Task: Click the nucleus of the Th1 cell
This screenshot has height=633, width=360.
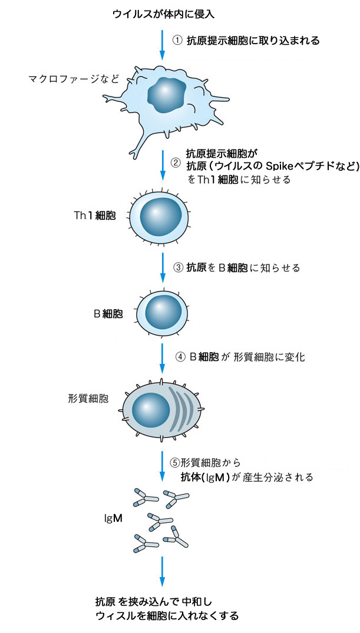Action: [x=161, y=217]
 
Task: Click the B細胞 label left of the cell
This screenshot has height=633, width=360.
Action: [x=108, y=313]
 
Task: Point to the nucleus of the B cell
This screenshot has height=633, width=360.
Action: [x=160, y=310]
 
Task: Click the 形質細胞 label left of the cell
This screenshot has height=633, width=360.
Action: [x=88, y=399]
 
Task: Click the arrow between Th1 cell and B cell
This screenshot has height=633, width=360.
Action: [x=162, y=269]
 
